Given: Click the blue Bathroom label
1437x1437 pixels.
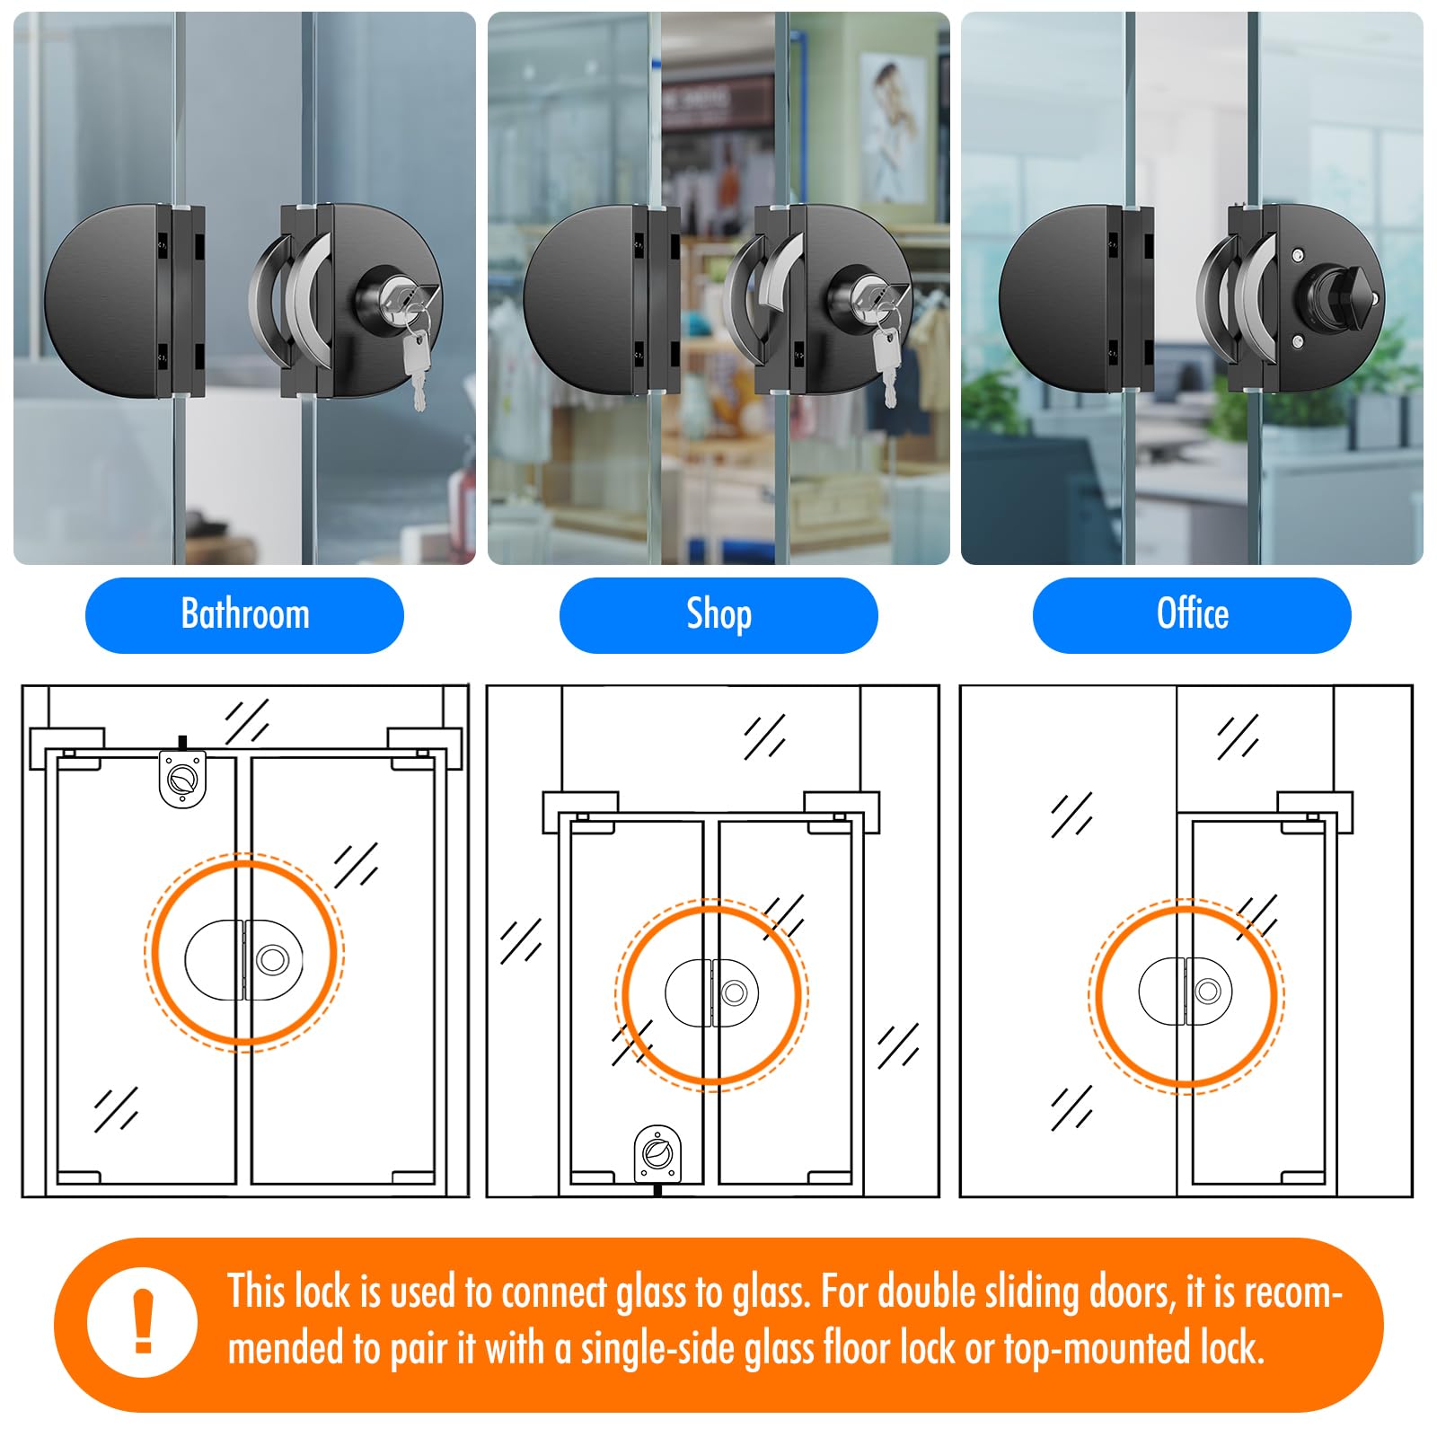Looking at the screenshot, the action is pyautogui.click(x=244, y=615).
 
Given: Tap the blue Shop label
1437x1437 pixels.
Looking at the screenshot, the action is pyautogui.click(x=718, y=615).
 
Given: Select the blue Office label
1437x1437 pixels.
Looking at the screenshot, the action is pyautogui.click(x=1192, y=615).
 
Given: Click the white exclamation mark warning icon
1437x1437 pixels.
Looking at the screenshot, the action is pyautogui.click(x=142, y=1322).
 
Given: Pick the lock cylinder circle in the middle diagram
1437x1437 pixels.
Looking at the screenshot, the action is pyautogui.click(x=735, y=992).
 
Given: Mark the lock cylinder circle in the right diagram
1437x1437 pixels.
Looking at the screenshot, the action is pyautogui.click(x=1208, y=992).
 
